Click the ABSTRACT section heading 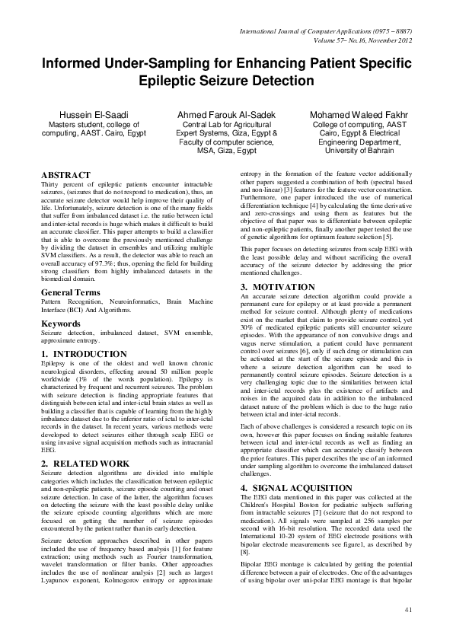[x=67, y=176]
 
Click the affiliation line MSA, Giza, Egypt [x=225, y=150]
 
